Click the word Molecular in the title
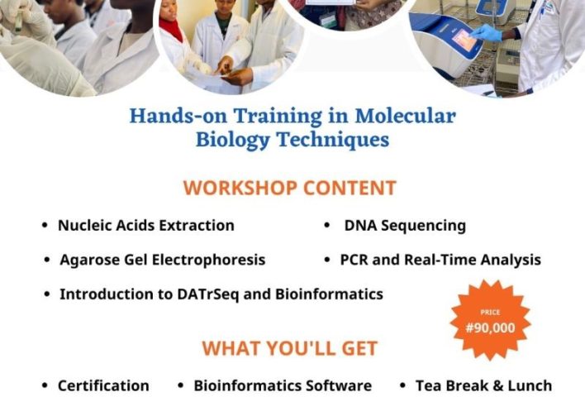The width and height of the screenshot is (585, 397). click(405, 116)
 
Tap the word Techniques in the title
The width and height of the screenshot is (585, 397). click(333, 140)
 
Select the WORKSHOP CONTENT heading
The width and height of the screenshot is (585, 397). click(289, 188)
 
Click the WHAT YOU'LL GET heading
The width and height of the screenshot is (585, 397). click(289, 348)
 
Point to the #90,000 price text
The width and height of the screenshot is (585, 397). click(490, 328)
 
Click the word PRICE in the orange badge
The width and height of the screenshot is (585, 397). click(490, 312)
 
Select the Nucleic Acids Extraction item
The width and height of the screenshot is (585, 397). click(146, 226)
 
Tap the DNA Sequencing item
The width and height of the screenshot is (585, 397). click(405, 226)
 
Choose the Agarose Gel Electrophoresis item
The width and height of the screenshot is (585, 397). click(162, 260)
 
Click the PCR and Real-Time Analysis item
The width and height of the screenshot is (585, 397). click(440, 260)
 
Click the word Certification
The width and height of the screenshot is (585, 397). click(103, 385)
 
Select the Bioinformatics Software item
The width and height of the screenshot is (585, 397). click(283, 385)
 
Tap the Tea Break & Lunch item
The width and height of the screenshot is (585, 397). click(483, 385)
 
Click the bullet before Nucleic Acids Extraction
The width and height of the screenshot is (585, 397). click(45, 225)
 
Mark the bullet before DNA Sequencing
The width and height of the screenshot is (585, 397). click(327, 225)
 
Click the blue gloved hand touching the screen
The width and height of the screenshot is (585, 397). click(486, 33)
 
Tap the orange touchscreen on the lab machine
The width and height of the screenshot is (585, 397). click(464, 40)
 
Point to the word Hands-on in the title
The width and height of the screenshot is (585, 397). click(178, 116)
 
